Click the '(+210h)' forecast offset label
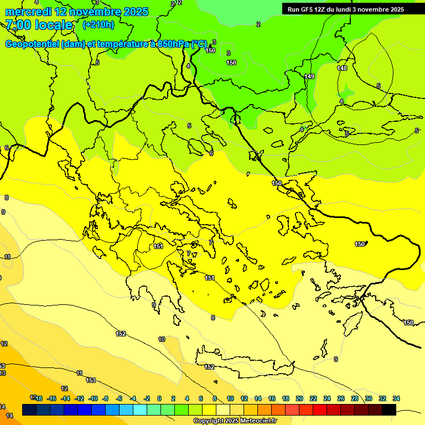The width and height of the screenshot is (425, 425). pyautogui.click(x=99, y=25)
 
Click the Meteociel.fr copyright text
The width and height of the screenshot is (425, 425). pyautogui.click(x=235, y=421)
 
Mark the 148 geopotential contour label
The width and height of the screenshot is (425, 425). pyautogui.click(x=342, y=68)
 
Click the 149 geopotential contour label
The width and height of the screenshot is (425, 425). pyautogui.click(x=309, y=76)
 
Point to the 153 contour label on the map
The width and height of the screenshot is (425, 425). pyautogui.click(x=91, y=380)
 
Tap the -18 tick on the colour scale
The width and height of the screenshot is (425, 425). pyautogui.click(x=38, y=399)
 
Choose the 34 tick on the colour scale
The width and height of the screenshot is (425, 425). pyautogui.click(x=396, y=399)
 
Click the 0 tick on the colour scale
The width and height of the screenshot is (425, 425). pyautogui.click(x=159, y=399)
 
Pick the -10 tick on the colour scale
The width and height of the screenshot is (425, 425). pyautogui.click(x=93, y=399)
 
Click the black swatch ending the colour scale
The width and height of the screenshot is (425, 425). pyautogui.click(x=388, y=410)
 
